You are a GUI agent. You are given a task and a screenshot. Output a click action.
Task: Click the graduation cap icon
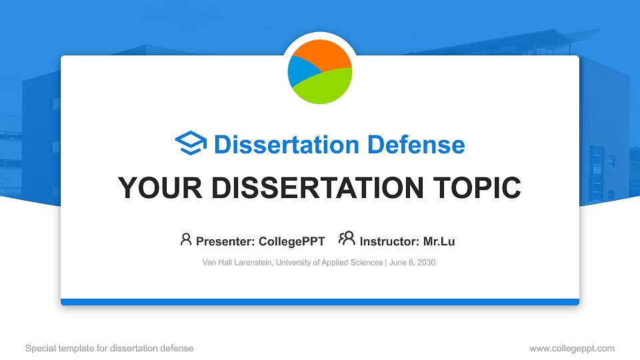tap(191, 144)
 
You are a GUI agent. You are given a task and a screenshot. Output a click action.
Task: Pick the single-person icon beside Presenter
tap(186, 239)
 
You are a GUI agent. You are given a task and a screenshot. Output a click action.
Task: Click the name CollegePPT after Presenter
tap(292, 241)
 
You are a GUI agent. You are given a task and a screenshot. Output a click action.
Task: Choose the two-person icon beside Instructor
tap(347, 239)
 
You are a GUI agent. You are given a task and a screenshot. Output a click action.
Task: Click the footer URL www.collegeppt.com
tap(572, 348)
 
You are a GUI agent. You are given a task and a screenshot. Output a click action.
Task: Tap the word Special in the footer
tap(39, 348)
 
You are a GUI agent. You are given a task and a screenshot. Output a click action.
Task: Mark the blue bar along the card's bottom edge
tap(320, 302)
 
